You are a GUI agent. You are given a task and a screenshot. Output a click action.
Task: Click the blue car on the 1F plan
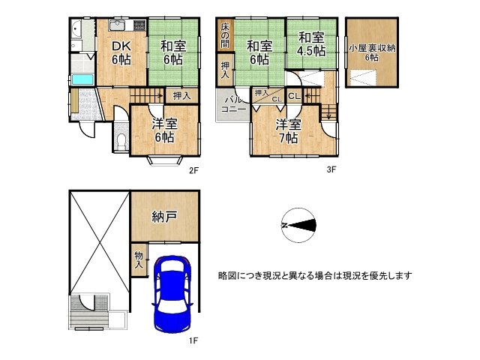coord(172,294)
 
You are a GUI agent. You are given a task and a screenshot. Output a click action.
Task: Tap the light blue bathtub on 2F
coord(82,79)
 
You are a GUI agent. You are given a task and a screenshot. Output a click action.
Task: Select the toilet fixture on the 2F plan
coord(121,142)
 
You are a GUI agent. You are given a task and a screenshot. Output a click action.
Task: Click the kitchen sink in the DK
coord(117,25)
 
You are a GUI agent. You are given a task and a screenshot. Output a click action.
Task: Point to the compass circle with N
coord(298,225)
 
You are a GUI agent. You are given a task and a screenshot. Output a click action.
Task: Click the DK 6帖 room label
coord(121,53)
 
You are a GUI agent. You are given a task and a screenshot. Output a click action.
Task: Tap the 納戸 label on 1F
coord(164,217)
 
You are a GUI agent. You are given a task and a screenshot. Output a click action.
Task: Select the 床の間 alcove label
coord(225,34)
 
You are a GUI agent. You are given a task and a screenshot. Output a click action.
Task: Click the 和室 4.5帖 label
coord(311,45)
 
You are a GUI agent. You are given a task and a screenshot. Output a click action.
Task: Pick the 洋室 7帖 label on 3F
coord(288,132)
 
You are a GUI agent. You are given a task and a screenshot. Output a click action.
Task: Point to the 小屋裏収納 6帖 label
coord(372,52)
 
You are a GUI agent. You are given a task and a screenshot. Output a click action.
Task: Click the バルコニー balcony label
coord(233,105)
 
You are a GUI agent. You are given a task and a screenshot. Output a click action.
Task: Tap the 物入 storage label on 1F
coord(139,259)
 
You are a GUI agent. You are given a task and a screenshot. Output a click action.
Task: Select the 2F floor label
coord(194,170)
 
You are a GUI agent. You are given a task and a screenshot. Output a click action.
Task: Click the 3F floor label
coord(331,169)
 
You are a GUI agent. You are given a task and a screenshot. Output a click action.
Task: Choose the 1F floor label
coord(193,340)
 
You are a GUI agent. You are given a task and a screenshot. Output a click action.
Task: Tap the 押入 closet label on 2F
coord(181,96)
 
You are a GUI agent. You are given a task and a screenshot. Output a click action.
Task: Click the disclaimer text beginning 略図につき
coord(315,276)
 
